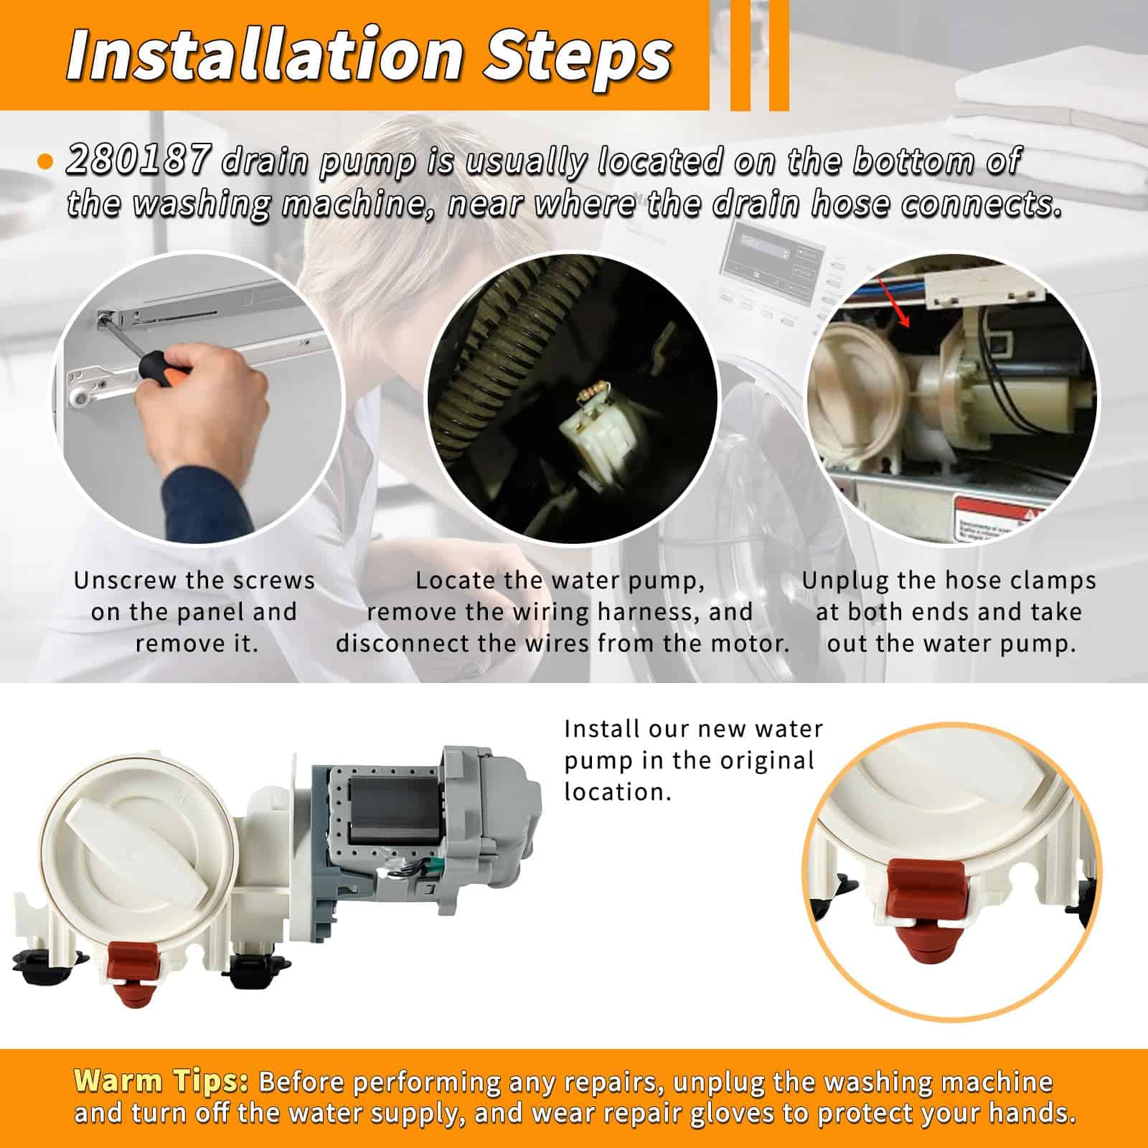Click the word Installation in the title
[264, 55]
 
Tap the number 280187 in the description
[138, 160]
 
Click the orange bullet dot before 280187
[45, 161]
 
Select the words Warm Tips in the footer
[161, 1081]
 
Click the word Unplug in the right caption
[843, 581]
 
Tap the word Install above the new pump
[601, 729]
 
